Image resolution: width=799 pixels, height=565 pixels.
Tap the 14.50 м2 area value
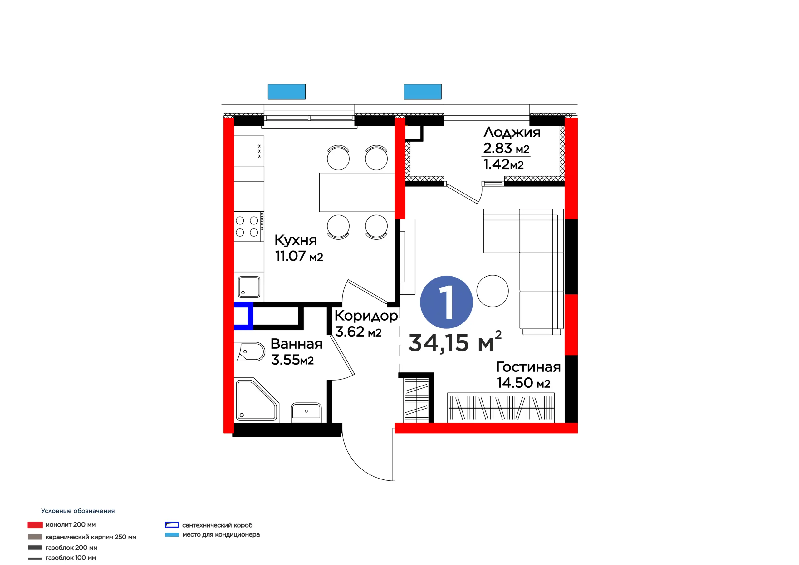point(523,383)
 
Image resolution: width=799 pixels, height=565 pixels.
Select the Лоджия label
point(512,133)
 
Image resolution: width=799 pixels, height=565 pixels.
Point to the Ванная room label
point(297,344)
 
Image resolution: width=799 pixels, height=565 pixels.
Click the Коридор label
point(366,316)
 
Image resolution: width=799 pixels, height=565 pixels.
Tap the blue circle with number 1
point(447,302)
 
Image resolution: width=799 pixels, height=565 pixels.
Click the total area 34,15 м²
point(455,342)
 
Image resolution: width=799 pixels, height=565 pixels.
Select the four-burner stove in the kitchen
point(249,226)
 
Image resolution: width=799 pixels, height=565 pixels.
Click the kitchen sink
point(249,287)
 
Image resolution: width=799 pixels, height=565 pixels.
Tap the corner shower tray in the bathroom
point(257,400)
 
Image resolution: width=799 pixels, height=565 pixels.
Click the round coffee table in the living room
point(493,291)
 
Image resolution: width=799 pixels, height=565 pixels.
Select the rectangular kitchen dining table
point(357,192)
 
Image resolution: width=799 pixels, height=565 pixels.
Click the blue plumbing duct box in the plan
point(243,316)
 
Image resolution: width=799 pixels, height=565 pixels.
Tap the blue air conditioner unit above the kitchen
point(287,91)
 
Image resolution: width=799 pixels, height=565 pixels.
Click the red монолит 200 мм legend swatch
point(35,525)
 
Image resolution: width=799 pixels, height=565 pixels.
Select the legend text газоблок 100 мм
point(71,558)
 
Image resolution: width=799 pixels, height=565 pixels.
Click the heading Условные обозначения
point(78,511)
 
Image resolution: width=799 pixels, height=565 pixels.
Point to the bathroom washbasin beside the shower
point(306,411)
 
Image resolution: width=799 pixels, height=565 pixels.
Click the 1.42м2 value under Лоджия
point(503,164)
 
